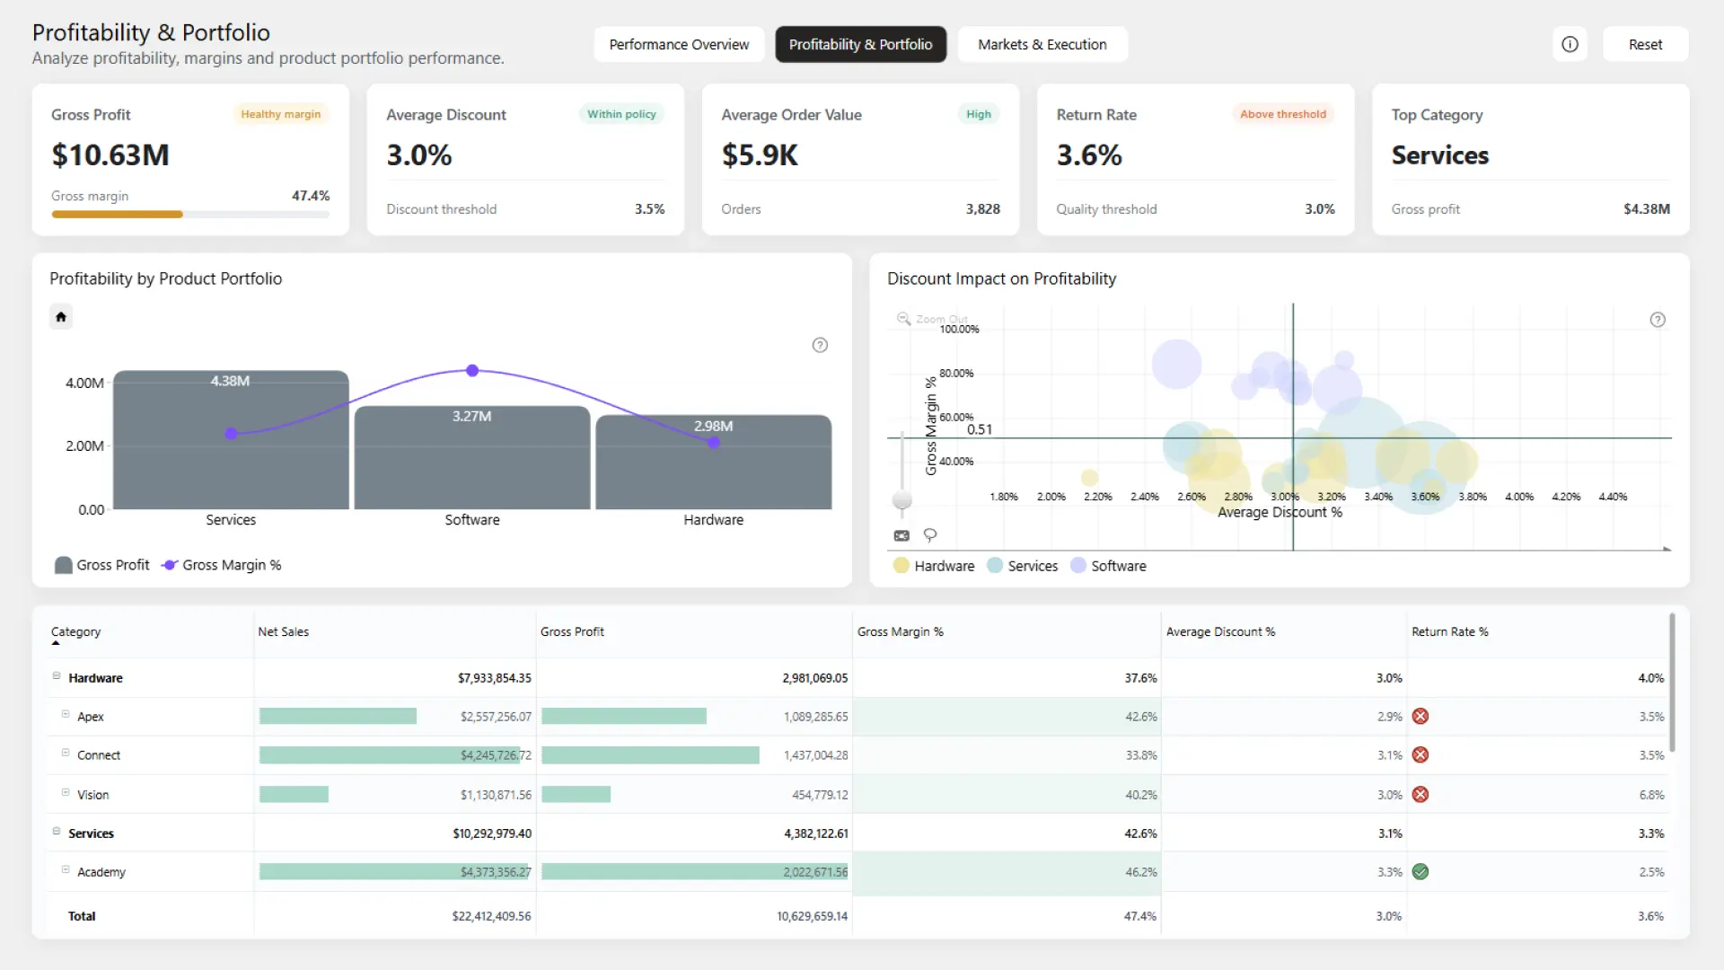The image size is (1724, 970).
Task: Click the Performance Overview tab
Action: (x=679, y=44)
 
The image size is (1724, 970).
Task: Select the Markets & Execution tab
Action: (x=1042, y=44)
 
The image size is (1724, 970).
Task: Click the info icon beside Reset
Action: (x=1570, y=44)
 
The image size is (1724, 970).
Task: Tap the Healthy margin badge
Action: (x=280, y=114)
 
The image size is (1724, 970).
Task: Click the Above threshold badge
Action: (x=1282, y=114)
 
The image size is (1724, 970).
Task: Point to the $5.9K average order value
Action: (x=760, y=155)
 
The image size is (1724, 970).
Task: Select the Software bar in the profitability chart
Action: (x=472, y=458)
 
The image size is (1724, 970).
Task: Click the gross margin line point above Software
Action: (x=472, y=370)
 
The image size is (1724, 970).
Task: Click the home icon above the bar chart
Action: (x=61, y=316)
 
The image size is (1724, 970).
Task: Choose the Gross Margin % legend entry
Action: (x=222, y=565)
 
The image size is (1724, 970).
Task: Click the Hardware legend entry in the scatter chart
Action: (x=934, y=566)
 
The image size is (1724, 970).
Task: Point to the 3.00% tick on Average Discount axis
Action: (x=1285, y=497)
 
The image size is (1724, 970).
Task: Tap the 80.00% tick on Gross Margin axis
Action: (x=956, y=374)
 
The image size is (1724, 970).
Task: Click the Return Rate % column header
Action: (x=1449, y=631)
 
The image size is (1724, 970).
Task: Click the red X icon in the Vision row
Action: (x=1421, y=794)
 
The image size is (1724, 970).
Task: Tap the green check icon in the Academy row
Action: (x=1421, y=871)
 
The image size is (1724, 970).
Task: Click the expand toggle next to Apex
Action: (x=66, y=715)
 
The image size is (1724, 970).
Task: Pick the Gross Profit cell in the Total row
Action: (x=812, y=916)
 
